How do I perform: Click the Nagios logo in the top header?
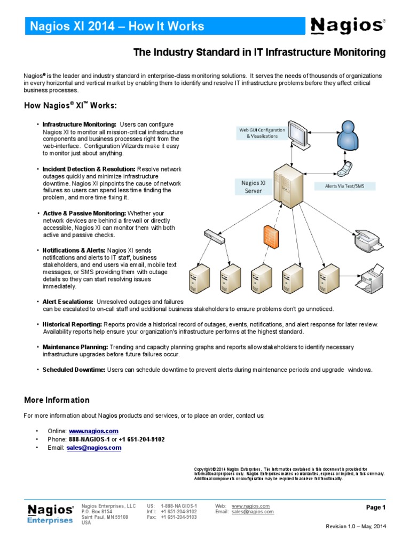tap(347, 25)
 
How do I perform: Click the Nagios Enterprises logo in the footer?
tap(50, 513)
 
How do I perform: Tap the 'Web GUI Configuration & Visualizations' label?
tap(262, 132)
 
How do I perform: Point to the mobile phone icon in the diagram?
tap(342, 169)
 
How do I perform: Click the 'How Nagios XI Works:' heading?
tap(70, 105)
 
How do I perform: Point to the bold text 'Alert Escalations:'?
tap(68, 302)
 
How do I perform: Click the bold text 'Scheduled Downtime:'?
tap(74, 370)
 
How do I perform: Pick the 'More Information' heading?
tap(57, 400)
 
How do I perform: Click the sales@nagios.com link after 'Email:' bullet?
tap(94, 448)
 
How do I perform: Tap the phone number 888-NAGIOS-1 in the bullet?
tap(89, 439)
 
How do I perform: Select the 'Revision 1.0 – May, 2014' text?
tap(356, 527)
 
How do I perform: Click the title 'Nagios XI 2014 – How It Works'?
tap(116, 26)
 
